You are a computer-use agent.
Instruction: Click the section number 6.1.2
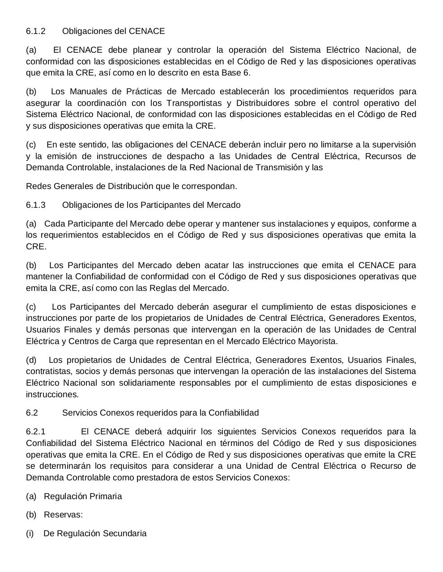point(36,31)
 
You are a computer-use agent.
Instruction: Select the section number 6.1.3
point(36,205)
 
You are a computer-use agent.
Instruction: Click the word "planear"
point(140,50)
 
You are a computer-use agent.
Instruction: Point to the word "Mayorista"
point(317,341)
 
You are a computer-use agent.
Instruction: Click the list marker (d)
point(31,360)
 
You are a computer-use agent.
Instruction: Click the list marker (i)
point(30,534)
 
